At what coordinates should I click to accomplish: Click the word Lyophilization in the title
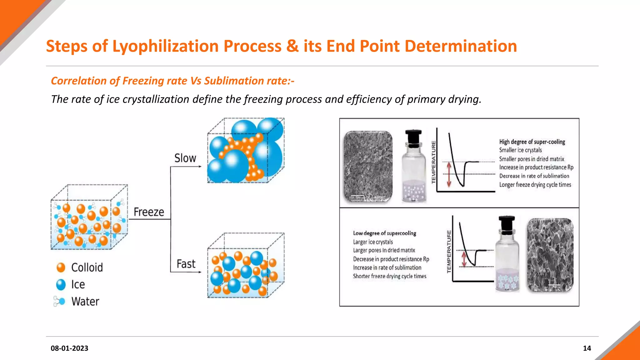click(165, 46)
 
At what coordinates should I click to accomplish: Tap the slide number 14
click(587, 348)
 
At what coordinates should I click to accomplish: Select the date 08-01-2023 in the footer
click(69, 348)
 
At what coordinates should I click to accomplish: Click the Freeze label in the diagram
click(149, 212)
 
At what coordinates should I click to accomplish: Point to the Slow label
click(185, 158)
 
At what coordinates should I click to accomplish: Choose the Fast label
click(186, 264)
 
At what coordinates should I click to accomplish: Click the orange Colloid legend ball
click(61, 267)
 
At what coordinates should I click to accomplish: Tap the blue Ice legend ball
click(61, 285)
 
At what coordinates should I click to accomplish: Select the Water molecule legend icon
click(59, 301)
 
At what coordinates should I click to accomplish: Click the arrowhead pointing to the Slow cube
click(200, 167)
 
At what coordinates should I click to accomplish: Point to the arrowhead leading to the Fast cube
click(200, 272)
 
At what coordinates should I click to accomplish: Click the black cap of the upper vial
click(413, 137)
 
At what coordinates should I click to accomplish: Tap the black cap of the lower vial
click(507, 223)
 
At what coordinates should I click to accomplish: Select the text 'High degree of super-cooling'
click(532, 142)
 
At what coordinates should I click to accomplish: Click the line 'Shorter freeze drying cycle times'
click(389, 276)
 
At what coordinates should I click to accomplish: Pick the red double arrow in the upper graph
click(449, 174)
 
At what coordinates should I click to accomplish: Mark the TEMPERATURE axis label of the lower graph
click(449, 252)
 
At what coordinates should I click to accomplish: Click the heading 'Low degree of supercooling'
click(384, 233)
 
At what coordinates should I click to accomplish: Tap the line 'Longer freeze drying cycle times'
click(535, 185)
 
